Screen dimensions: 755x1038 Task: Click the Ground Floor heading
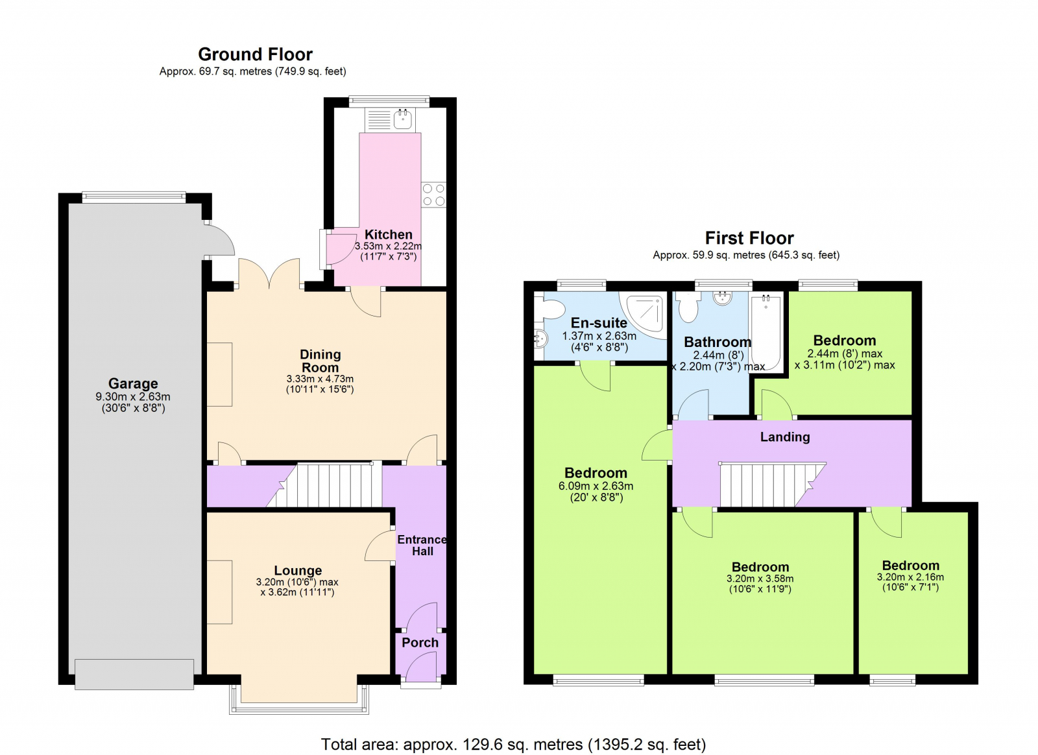click(255, 54)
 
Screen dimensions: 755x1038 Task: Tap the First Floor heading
click(749, 238)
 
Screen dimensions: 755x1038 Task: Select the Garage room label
click(133, 383)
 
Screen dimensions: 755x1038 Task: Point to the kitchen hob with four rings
click(433, 195)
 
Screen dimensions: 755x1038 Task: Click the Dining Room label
click(320, 361)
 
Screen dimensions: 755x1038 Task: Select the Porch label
click(420, 642)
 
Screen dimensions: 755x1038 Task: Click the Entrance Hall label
click(422, 545)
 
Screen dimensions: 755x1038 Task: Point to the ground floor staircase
click(331, 485)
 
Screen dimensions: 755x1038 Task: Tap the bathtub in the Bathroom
click(766, 331)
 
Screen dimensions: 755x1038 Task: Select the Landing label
click(785, 437)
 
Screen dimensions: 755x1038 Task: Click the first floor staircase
click(766, 485)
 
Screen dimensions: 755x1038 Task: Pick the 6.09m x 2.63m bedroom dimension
click(596, 486)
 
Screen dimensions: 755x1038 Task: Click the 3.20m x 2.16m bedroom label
click(910, 566)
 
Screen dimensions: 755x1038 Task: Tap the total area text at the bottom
click(513, 744)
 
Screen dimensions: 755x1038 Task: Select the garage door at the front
click(134, 674)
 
